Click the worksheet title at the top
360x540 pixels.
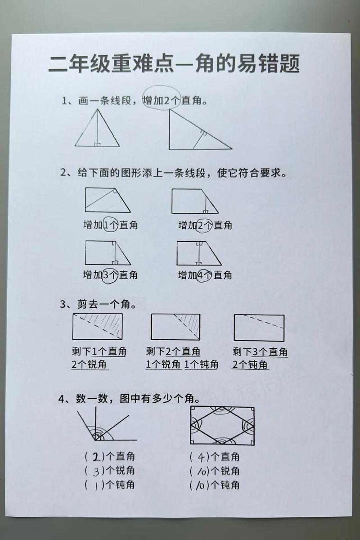pyautogui.click(x=174, y=64)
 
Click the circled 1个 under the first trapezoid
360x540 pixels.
pyautogui.click(x=110, y=225)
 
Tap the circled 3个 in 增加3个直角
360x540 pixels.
pyautogui.click(x=110, y=274)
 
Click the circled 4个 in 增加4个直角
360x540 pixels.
pyautogui.click(x=205, y=274)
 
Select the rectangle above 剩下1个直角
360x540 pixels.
pyautogui.click(x=97, y=327)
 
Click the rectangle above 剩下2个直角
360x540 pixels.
pyautogui.click(x=175, y=327)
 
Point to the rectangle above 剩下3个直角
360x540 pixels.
pyautogui.click(x=259, y=328)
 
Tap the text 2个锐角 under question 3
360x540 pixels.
pyautogui.click(x=90, y=364)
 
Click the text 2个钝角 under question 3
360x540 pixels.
pyautogui.click(x=250, y=364)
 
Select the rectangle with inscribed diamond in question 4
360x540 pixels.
pyautogui.click(x=222, y=425)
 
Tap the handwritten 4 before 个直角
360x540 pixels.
pyautogui.click(x=202, y=458)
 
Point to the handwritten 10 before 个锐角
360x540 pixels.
pyautogui.click(x=201, y=472)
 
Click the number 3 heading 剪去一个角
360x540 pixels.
pyautogui.click(x=63, y=305)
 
